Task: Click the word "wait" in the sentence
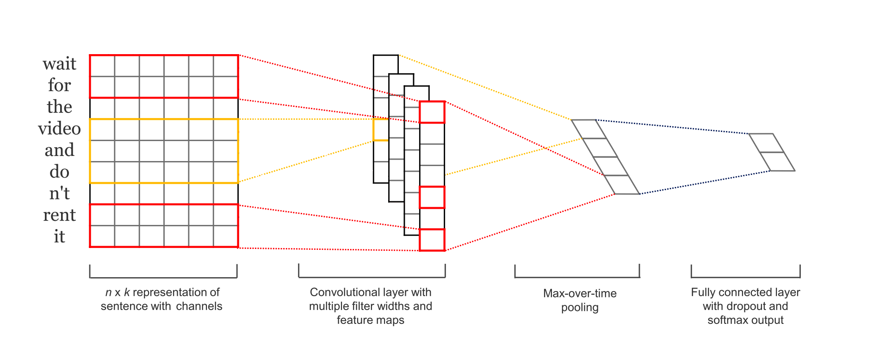[59, 64]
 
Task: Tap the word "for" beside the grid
[59, 85]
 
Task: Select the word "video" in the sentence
[59, 129]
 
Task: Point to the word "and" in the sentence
[59, 150]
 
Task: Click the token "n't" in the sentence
[59, 193]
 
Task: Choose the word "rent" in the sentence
[59, 215]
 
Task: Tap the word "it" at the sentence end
[59, 236]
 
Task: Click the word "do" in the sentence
[59, 172]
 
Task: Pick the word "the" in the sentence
[59, 107]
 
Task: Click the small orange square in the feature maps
[380, 130]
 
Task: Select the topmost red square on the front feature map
[432, 112]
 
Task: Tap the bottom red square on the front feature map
[432, 240]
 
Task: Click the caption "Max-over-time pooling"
[580, 300]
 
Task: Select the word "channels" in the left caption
[199, 306]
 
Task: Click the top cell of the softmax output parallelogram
[766, 143]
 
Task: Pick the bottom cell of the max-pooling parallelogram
[622, 185]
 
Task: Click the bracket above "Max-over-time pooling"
[577, 277]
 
